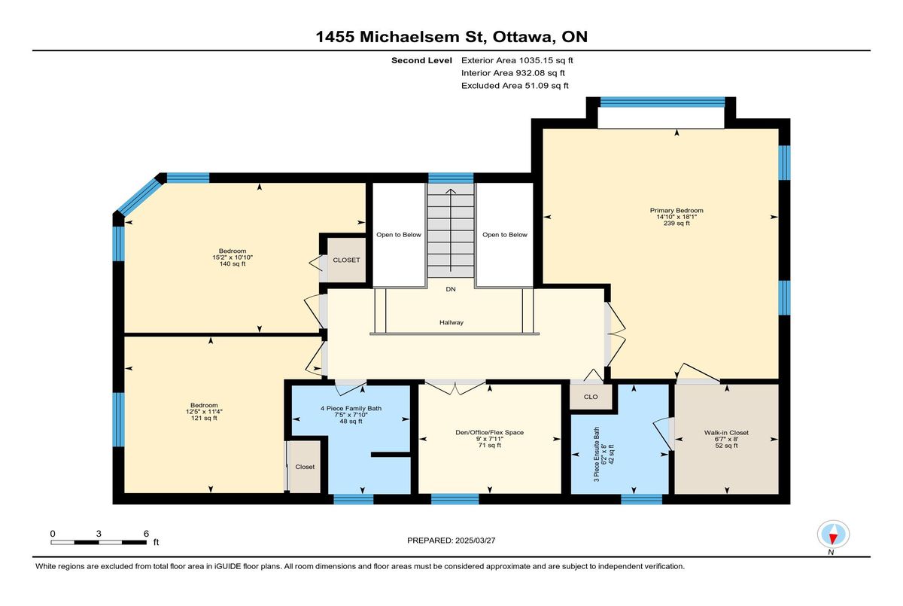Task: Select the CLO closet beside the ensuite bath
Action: pyautogui.click(x=591, y=397)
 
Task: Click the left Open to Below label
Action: pyautogui.click(x=399, y=235)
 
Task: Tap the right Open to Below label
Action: pyautogui.click(x=505, y=235)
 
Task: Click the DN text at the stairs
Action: pyautogui.click(x=451, y=289)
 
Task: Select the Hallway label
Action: pyautogui.click(x=451, y=322)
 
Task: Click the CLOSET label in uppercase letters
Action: pyautogui.click(x=346, y=260)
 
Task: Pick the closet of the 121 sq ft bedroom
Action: pyautogui.click(x=306, y=467)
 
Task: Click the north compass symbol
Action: pyautogui.click(x=833, y=534)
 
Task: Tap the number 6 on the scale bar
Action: pyautogui.click(x=146, y=534)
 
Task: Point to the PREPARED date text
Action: pyautogui.click(x=451, y=541)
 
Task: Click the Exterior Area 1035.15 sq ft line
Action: pyautogui.click(x=517, y=60)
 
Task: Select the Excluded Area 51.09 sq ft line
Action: pyautogui.click(x=515, y=86)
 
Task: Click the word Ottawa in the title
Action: pyautogui.click(x=522, y=37)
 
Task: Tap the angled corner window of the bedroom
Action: pyautogui.click(x=139, y=197)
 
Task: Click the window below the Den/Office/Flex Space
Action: pyautogui.click(x=455, y=499)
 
